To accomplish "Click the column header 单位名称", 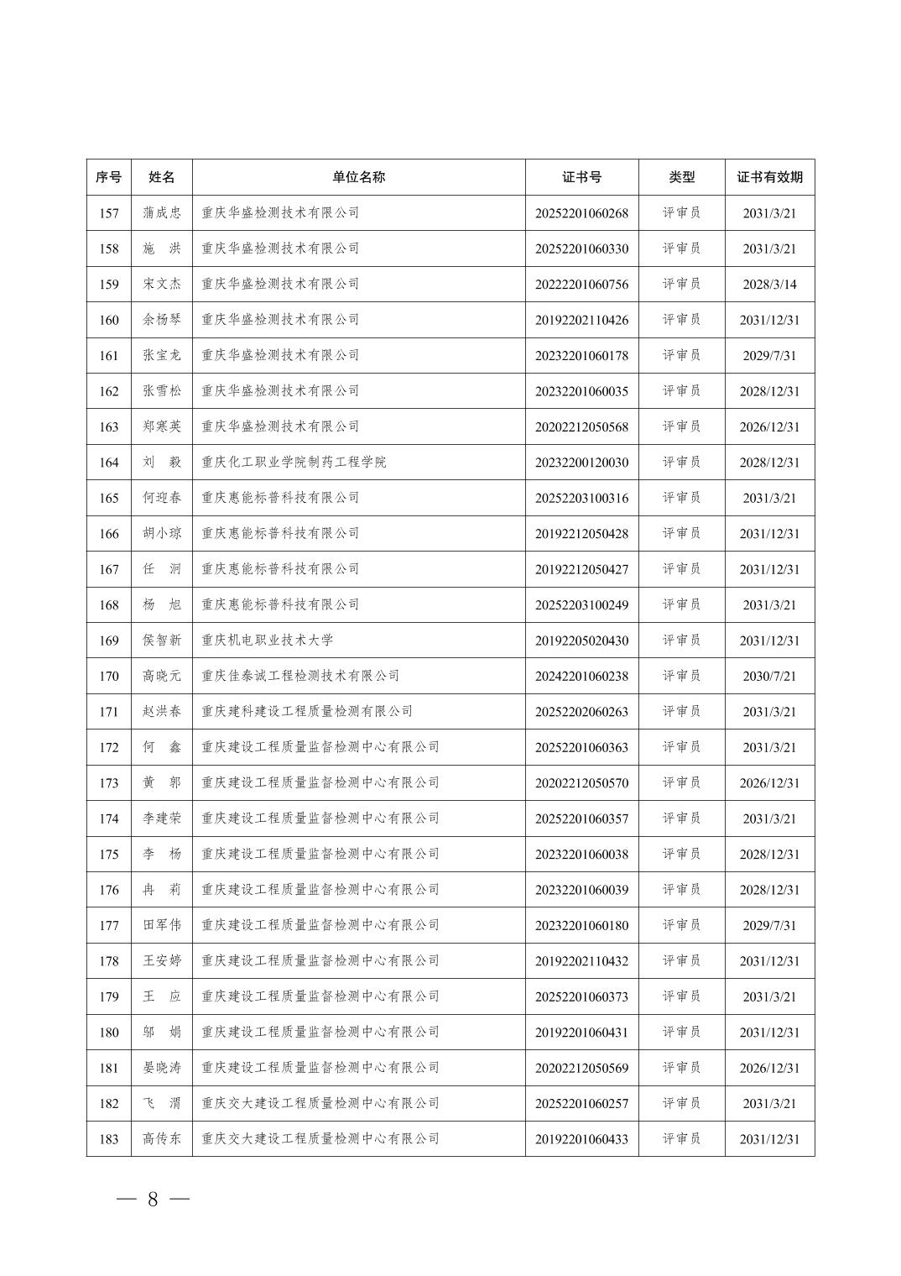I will click(358, 177).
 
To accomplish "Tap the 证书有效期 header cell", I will click(769, 177).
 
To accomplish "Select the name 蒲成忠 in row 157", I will click(161, 213).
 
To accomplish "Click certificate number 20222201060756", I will click(581, 285).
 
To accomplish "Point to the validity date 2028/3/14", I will click(769, 285).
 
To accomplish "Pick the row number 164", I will click(109, 463).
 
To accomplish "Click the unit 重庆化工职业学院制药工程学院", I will click(294, 463).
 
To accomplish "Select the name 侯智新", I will click(161, 641).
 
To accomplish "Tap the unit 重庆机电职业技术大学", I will click(267, 641).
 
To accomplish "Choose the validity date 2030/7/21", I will click(769, 676).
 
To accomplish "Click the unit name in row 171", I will click(307, 712).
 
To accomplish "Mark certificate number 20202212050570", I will click(581, 783).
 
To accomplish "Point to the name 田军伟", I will click(161, 925).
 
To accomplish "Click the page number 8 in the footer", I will click(153, 1200).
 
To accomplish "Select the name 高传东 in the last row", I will click(161, 1139).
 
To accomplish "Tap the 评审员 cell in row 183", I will click(681, 1139).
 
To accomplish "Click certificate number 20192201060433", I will click(581, 1139).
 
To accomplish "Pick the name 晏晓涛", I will click(161, 1068).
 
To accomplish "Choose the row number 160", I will click(109, 320).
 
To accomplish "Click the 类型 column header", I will click(681, 177).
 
